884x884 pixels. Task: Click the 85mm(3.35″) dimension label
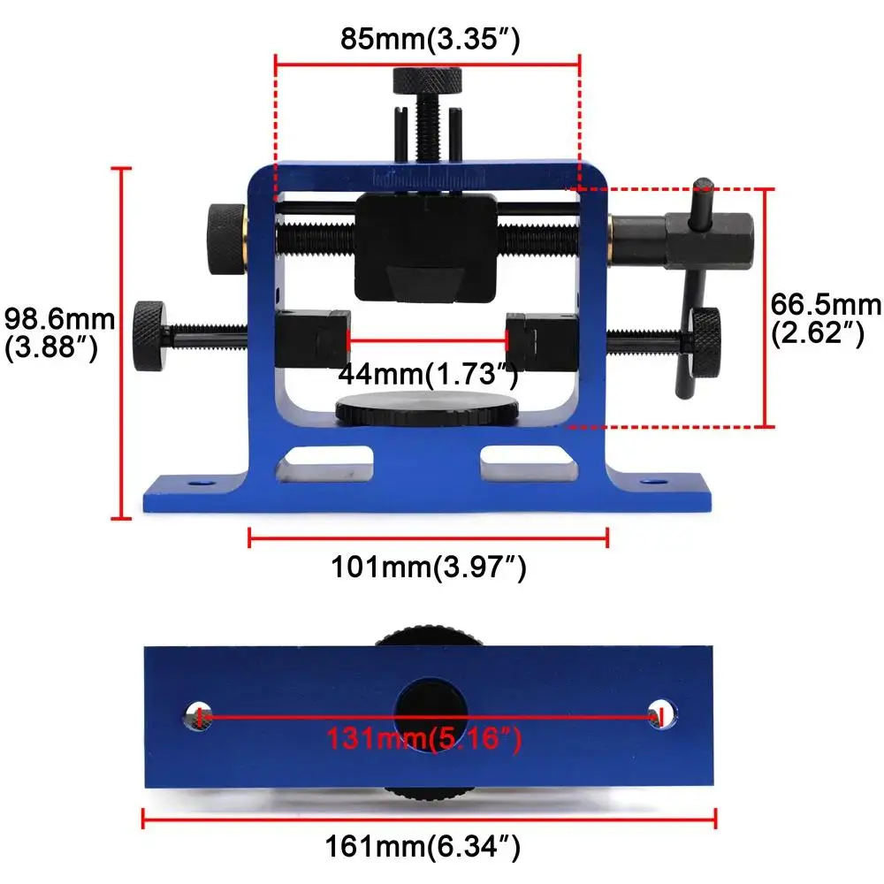(x=429, y=40)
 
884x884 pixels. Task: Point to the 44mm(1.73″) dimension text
(x=427, y=375)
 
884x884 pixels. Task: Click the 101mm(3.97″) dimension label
(x=429, y=567)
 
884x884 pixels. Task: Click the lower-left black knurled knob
(x=149, y=336)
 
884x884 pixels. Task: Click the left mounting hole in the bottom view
(x=198, y=714)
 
